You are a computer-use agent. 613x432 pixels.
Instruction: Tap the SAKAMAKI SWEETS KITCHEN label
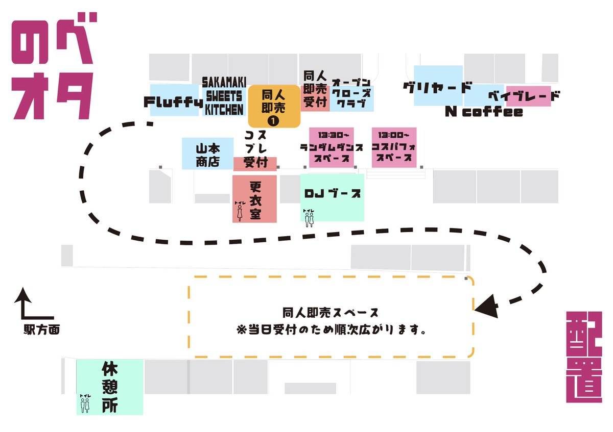(x=224, y=96)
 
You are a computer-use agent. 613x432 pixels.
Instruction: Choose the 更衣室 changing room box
(x=255, y=199)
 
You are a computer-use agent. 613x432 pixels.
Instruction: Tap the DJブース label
(x=333, y=194)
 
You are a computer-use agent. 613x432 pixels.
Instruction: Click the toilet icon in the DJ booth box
(x=308, y=218)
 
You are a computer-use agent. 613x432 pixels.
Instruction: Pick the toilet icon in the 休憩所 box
(x=84, y=403)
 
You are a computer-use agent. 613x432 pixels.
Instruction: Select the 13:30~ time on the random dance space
(x=331, y=136)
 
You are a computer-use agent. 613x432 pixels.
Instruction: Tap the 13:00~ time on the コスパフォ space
(x=394, y=136)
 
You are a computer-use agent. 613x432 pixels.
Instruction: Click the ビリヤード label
(x=437, y=87)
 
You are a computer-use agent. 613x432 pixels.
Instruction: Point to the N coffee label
(x=483, y=112)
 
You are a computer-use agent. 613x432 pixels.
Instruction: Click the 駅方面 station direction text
(x=42, y=330)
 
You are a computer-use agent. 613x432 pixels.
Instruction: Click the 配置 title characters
(x=584, y=357)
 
